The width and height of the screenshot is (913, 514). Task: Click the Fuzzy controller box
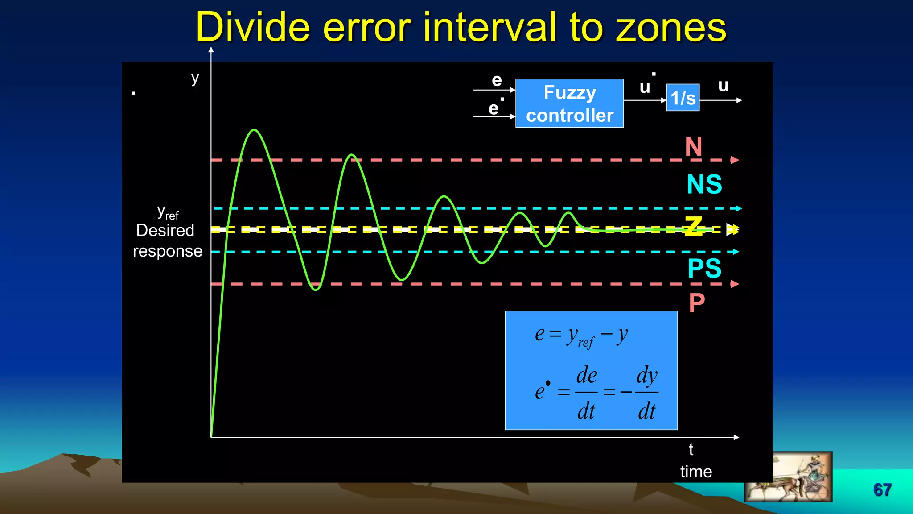click(x=569, y=104)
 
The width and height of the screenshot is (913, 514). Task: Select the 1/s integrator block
click(x=683, y=98)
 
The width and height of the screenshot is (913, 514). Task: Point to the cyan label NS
click(x=704, y=184)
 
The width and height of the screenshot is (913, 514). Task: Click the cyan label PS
click(x=704, y=268)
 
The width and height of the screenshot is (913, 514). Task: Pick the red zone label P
click(x=697, y=303)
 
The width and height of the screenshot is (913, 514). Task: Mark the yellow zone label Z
click(x=694, y=226)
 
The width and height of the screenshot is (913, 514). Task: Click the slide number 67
click(x=882, y=490)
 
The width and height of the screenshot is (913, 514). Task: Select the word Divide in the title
click(x=252, y=28)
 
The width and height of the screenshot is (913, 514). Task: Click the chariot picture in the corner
click(x=788, y=477)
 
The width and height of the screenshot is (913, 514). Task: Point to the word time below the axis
click(x=696, y=472)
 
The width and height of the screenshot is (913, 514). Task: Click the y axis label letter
click(x=195, y=79)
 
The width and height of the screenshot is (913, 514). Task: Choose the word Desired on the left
click(x=165, y=231)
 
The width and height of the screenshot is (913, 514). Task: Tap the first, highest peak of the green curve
click(x=254, y=130)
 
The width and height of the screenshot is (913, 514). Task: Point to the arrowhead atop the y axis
click(x=211, y=50)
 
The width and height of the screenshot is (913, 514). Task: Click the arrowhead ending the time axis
click(x=736, y=437)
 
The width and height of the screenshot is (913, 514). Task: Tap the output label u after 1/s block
click(x=723, y=86)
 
